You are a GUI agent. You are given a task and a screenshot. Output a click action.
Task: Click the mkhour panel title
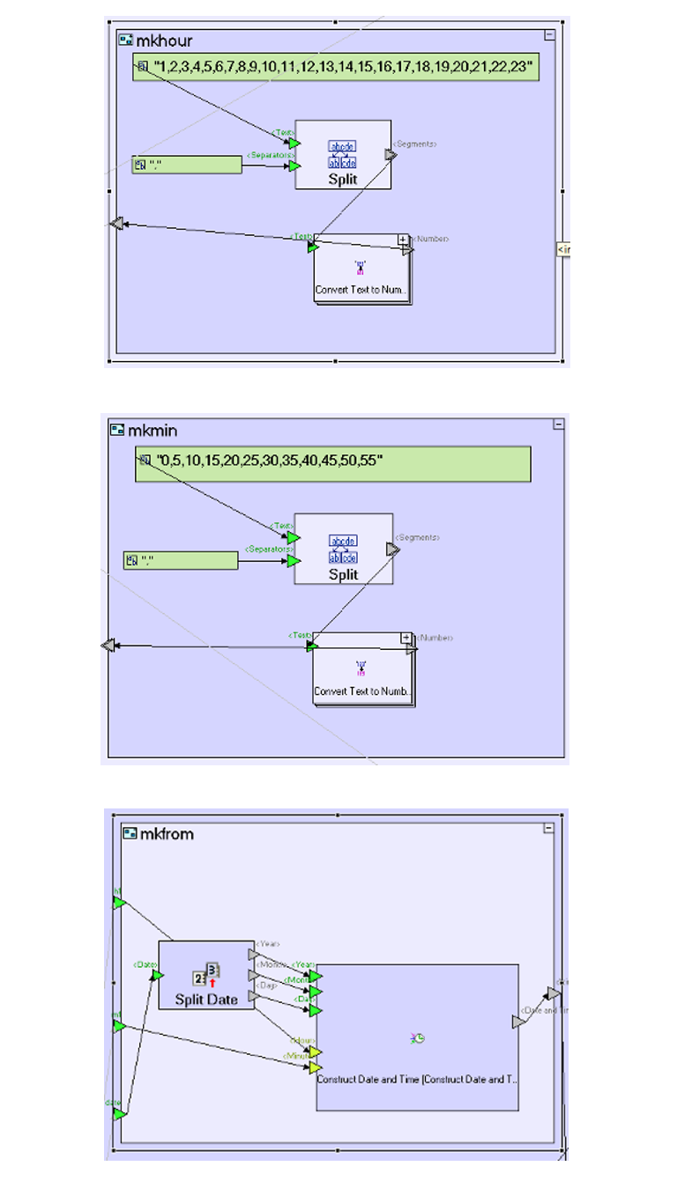click(164, 41)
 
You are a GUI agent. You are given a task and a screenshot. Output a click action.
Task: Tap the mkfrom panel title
click(167, 833)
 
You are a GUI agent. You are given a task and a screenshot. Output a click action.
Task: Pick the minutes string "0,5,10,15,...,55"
click(268, 459)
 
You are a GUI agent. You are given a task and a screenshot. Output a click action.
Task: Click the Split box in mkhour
click(343, 155)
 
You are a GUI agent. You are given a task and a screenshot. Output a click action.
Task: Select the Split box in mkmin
click(344, 550)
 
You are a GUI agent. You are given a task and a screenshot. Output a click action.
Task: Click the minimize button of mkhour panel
click(549, 35)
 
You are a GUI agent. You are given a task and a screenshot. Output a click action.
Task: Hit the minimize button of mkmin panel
click(557, 424)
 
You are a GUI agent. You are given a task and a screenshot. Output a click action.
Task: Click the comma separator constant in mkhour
click(187, 165)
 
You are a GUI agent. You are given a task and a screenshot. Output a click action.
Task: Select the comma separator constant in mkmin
click(182, 560)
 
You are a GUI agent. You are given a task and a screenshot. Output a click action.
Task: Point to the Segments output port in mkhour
click(391, 155)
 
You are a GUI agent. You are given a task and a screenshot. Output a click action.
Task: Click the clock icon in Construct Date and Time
click(418, 1038)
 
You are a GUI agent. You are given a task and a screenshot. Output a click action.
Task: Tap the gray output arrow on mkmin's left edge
click(108, 646)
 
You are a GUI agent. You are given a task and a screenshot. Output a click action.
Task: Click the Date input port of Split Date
click(159, 975)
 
